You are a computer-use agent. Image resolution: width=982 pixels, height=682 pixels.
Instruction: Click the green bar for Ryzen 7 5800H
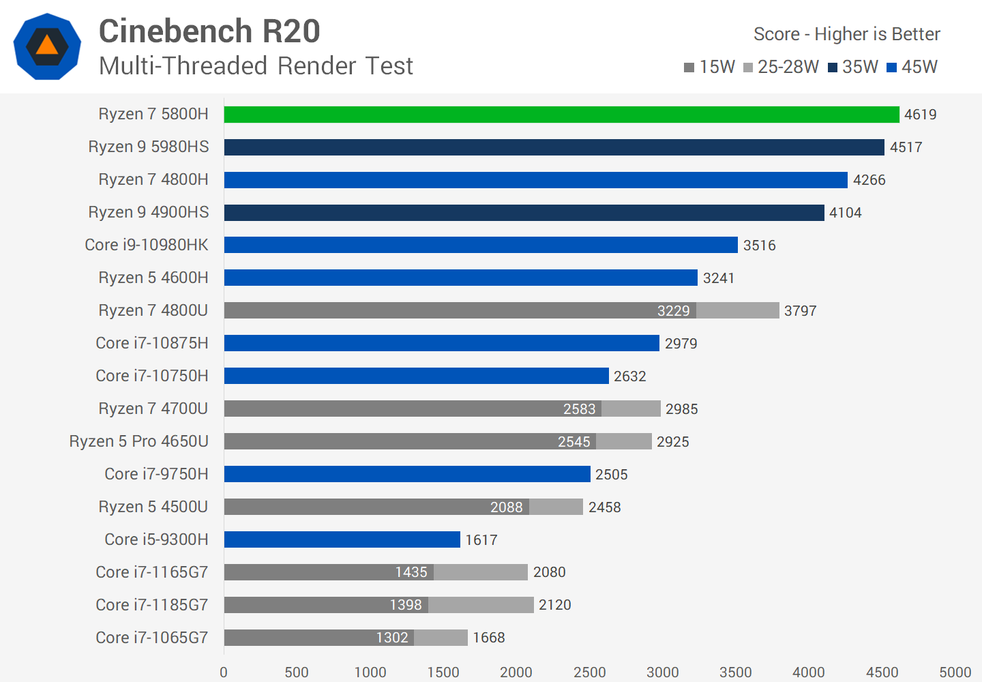(x=561, y=115)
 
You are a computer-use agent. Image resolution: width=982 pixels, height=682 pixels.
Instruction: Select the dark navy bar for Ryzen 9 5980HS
(x=554, y=147)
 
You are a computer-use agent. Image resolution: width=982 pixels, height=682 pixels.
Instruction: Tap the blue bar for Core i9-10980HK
(x=481, y=245)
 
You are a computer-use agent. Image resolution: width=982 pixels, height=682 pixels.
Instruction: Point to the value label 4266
(x=869, y=180)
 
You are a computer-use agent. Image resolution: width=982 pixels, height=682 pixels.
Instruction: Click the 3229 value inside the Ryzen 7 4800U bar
(x=673, y=311)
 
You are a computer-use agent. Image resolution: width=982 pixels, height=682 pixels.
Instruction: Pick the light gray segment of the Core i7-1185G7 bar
(x=481, y=605)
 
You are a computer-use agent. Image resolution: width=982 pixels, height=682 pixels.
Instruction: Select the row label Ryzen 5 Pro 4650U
(x=139, y=441)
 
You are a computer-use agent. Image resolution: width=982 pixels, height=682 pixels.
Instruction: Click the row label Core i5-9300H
(x=156, y=539)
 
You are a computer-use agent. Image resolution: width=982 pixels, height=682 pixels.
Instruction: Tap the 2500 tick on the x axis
(x=589, y=672)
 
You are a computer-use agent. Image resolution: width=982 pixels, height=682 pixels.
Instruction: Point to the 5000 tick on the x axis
(x=955, y=672)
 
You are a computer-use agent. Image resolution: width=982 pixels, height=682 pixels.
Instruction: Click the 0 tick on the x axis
(x=224, y=672)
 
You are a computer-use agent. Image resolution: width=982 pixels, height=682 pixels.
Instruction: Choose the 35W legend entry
(x=852, y=67)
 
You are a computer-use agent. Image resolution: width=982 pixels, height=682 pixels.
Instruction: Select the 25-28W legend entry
(x=781, y=67)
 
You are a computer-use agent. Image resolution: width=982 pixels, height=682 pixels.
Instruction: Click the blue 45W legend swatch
(x=891, y=68)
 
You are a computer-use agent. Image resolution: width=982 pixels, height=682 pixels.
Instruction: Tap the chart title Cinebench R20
(x=209, y=31)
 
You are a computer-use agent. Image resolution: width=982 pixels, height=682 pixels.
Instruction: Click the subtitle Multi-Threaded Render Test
(x=256, y=66)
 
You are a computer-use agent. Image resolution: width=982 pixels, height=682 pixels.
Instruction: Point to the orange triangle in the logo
(x=47, y=46)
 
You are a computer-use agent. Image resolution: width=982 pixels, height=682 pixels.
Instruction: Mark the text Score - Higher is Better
(x=846, y=34)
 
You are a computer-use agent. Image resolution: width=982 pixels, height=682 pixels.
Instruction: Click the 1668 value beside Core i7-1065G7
(x=488, y=638)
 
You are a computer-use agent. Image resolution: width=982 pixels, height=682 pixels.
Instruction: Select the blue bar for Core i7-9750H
(x=407, y=474)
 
